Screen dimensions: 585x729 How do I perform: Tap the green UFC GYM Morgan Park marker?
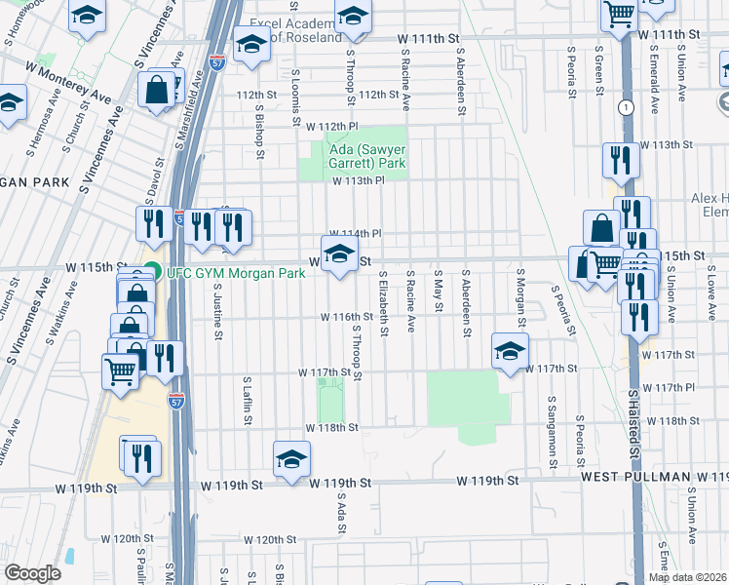click(x=151, y=272)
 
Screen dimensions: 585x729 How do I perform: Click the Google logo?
click(x=32, y=573)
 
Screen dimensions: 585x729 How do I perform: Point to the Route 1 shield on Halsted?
click(x=624, y=106)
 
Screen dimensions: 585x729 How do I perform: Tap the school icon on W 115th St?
click(x=338, y=255)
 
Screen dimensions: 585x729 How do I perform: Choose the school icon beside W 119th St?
click(x=291, y=459)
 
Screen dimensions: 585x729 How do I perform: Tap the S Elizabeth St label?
click(x=385, y=303)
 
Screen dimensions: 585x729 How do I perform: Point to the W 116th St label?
click(x=349, y=317)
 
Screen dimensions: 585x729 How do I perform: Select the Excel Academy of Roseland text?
click(x=292, y=29)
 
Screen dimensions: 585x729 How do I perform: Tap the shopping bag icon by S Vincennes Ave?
click(x=156, y=90)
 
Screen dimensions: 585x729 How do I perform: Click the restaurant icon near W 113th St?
click(x=620, y=159)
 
